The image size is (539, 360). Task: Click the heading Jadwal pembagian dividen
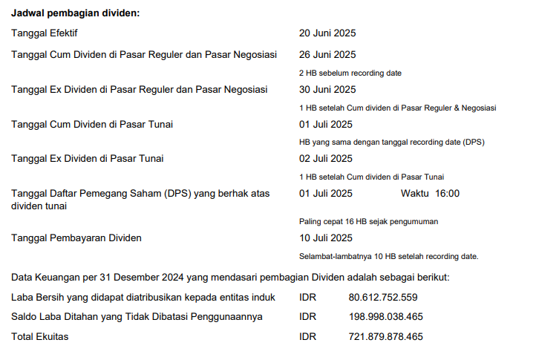(75, 13)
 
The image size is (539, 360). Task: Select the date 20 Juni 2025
(327, 33)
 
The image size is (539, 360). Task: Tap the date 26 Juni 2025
(327, 54)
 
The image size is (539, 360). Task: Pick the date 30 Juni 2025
(327, 90)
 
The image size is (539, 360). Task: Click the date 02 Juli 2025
(326, 158)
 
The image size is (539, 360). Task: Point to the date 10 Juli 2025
(326, 238)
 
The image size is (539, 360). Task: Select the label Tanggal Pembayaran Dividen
(76, 238)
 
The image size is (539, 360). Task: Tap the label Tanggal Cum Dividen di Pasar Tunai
(92, 124)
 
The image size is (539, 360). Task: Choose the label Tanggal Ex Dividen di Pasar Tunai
(88, 158)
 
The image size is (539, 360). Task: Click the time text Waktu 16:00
(430, 194)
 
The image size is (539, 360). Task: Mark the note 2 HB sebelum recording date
(350, 73)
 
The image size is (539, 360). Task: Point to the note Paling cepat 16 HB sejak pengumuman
(368, 221)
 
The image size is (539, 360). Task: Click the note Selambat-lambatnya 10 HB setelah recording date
(388, 256)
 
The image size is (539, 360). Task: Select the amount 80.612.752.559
(383, 298)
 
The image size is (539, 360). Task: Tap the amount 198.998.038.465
(385, 317)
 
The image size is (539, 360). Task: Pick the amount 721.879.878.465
(385, 337)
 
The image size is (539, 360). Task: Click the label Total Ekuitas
(40, 337)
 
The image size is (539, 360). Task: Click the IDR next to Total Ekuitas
(307, 337)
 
